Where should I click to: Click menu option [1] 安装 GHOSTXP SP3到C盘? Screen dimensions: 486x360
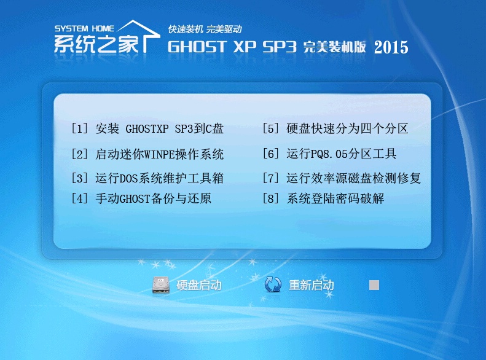tap(147, 128)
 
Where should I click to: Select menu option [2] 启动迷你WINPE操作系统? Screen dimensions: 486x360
tap(147, 154)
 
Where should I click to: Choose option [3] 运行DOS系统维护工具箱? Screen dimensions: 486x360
tap(147, 178)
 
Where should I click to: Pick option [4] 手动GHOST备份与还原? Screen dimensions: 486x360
tap(141, 198)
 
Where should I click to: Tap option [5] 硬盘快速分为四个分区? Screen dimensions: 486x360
tap(335, 128)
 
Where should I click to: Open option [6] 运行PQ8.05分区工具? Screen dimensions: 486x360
tap(329, 154)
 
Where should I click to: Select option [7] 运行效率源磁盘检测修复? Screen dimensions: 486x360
tap(342, 178)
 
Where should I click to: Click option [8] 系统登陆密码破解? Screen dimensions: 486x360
tap(323, 198)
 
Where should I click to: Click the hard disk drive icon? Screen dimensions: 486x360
tap(161, 284)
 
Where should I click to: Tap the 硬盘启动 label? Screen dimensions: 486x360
tap(199, 285)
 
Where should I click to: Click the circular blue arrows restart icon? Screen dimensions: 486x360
tap(273, 284)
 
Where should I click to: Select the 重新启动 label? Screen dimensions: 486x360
tap(311, 285)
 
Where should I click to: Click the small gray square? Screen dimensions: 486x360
tap(374, 285)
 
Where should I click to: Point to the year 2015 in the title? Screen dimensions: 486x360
tap(391, 47)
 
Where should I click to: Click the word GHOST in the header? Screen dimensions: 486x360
tap(197, 47)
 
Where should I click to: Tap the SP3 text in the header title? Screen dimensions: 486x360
tap(280, 47)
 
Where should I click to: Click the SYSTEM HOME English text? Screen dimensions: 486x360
tap(84, 29)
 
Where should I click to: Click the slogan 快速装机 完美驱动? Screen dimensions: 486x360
tap(205, 29)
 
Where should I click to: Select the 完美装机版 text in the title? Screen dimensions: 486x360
tap(334, 47)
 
